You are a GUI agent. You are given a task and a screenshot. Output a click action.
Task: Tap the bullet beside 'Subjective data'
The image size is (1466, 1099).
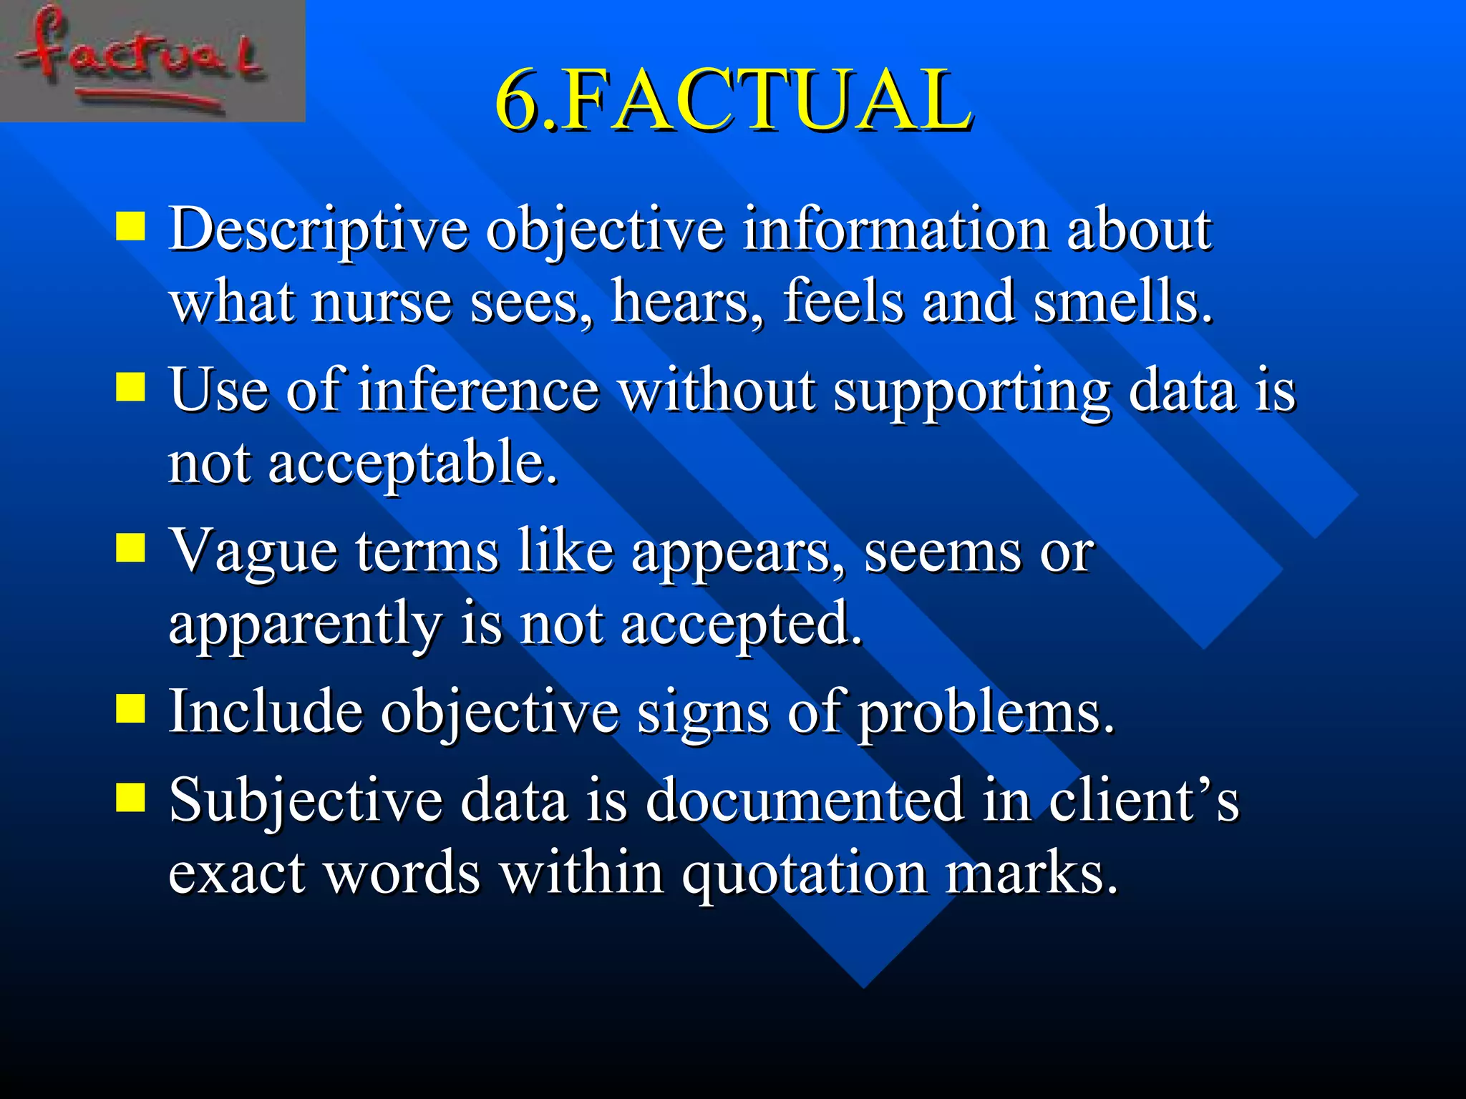tap(130, 797)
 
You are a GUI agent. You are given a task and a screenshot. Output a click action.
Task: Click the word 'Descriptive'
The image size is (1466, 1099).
tap(318, 230)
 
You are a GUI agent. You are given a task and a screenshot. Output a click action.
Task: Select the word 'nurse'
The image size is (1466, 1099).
tap(382, 303)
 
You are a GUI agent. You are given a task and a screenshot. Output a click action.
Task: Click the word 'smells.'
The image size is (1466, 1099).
tap(1122, 302)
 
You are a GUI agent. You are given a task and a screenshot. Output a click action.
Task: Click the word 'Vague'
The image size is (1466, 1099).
tap(253, 552)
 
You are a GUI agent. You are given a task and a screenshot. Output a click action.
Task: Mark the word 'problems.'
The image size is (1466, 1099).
tap(986, 714)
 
